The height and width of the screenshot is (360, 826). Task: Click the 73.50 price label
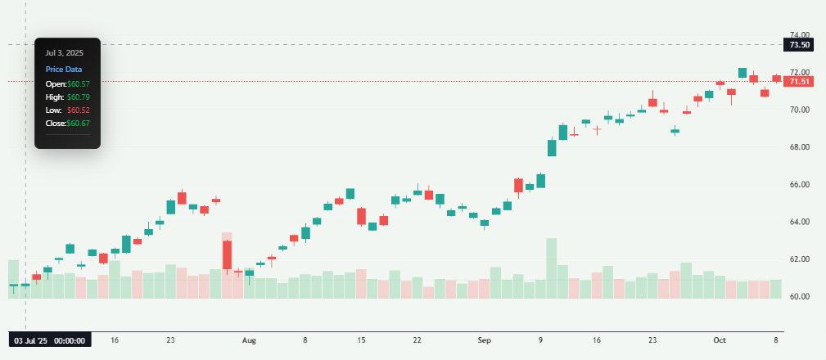point(798,44)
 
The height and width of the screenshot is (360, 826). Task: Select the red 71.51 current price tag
point(798,82)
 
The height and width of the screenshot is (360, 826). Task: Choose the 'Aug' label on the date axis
point(250,339)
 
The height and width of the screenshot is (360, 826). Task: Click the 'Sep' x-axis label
point(484,339)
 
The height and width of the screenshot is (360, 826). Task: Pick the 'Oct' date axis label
point(720,339)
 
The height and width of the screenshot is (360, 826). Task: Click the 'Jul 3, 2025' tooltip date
point(64,52)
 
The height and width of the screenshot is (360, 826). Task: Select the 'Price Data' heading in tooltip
point(63,70)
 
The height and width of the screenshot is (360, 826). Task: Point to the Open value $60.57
point(79,84)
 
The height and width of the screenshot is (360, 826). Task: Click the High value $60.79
point(79,97)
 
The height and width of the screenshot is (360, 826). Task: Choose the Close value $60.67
point(79,124)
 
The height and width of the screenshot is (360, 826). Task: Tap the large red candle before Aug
point(227,254)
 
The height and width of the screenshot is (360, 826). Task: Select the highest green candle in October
point(742,73)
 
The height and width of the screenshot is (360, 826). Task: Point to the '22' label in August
point(417,339)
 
